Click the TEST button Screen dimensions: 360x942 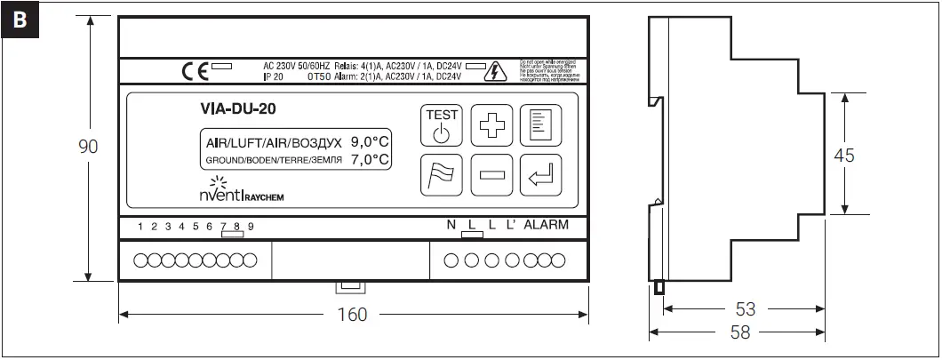(442, 125)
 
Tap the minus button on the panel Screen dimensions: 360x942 (491, 175)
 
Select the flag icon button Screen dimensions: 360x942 (442, 175)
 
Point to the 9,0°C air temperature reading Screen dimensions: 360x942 (370, 141)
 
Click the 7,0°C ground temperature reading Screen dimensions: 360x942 (370, 159)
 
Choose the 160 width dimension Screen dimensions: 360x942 (354, 315)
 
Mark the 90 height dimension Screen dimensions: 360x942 (88, 148)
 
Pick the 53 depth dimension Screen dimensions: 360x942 (745, 309)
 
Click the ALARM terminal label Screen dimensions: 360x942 (546, 225)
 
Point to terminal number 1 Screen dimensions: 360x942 (140, 227)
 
